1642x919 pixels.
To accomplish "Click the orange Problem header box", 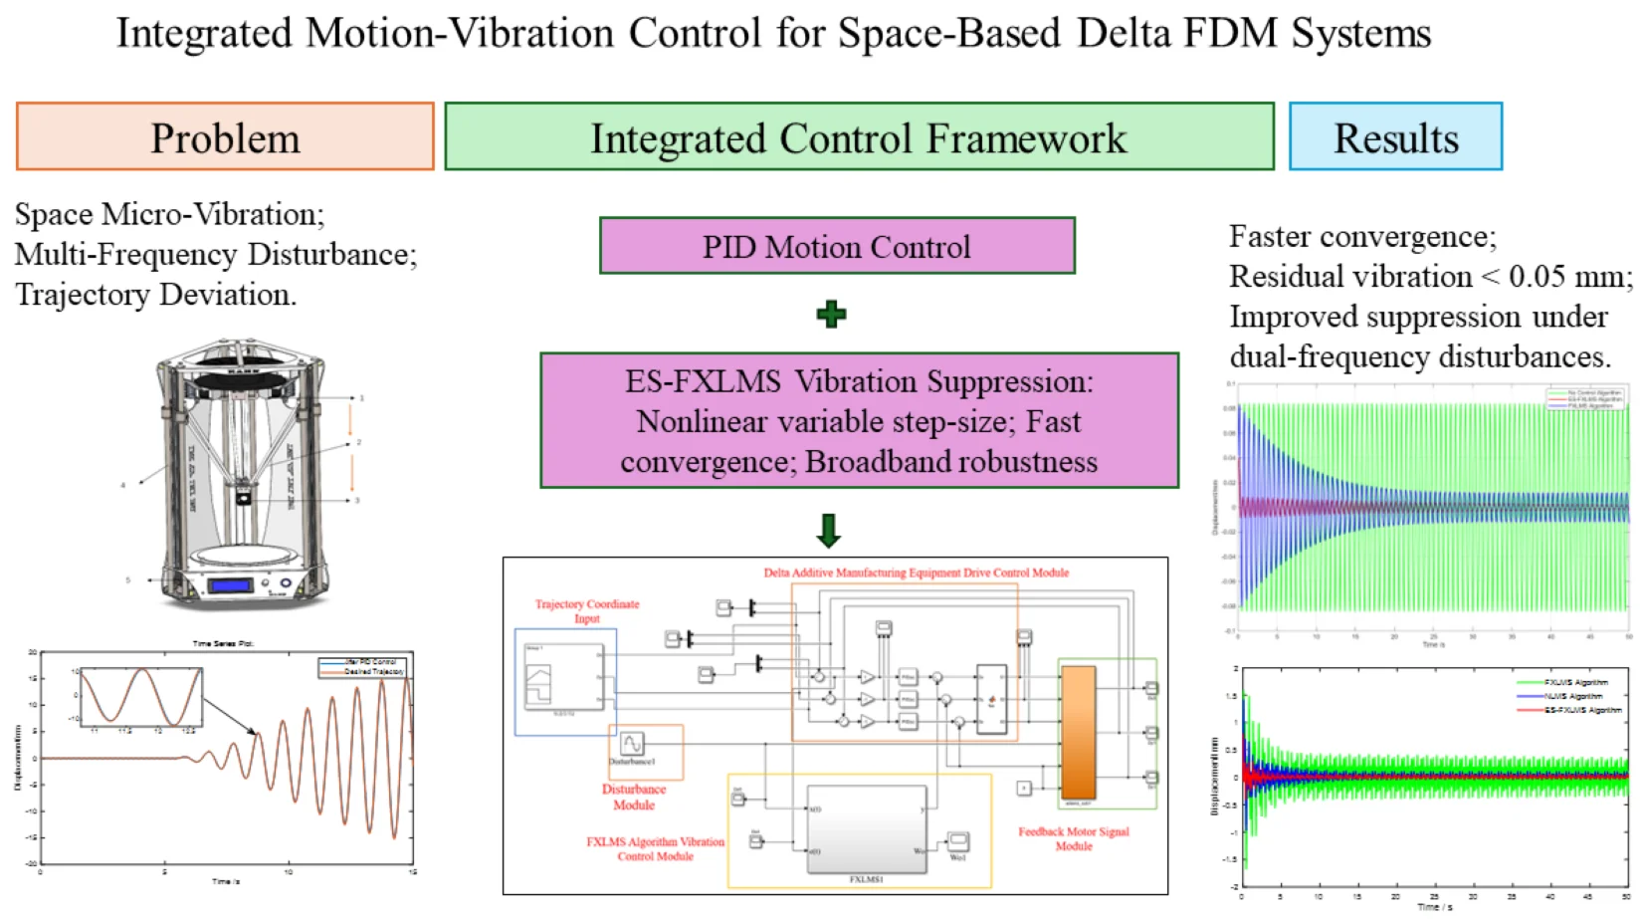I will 225,136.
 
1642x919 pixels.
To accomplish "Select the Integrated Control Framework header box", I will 858,136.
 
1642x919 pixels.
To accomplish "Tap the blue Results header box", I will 1395,136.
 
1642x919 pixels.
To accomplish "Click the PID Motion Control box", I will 836,246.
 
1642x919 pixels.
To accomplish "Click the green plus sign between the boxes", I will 831,315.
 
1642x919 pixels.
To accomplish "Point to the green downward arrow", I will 828,531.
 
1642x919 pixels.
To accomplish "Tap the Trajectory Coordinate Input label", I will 587,610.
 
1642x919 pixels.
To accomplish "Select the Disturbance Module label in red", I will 634,797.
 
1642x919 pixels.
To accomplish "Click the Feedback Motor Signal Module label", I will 1074,838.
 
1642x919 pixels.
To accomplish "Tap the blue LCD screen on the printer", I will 230,585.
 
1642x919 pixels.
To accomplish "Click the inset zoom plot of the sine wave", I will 140,697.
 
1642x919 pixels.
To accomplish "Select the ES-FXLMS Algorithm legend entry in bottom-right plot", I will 1582,710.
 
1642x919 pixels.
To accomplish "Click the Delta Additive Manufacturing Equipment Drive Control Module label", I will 916,573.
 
